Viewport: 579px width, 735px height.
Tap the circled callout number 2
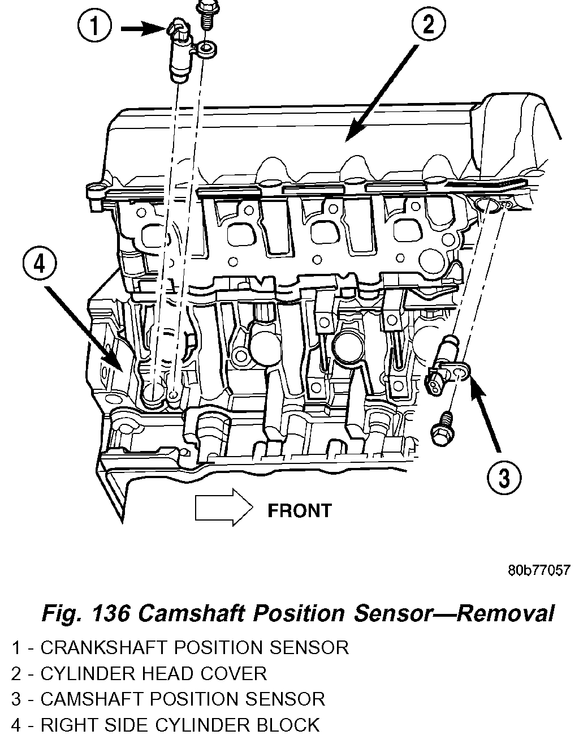point(428,25)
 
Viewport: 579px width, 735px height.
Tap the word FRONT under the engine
point(299,511)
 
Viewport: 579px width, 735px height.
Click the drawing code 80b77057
point(538,570)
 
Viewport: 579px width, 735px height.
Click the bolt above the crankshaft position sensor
point(204,15)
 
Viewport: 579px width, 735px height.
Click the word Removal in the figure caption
point(505,613)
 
